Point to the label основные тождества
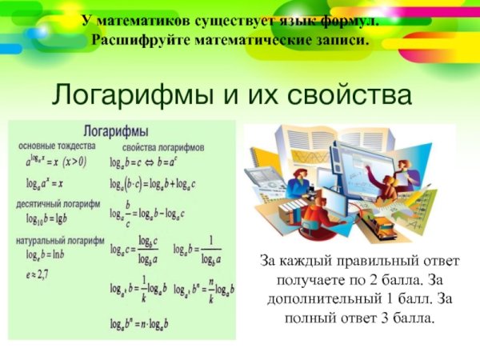[56, 146]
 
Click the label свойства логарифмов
[164, 148]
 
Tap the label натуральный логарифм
[61, 240]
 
